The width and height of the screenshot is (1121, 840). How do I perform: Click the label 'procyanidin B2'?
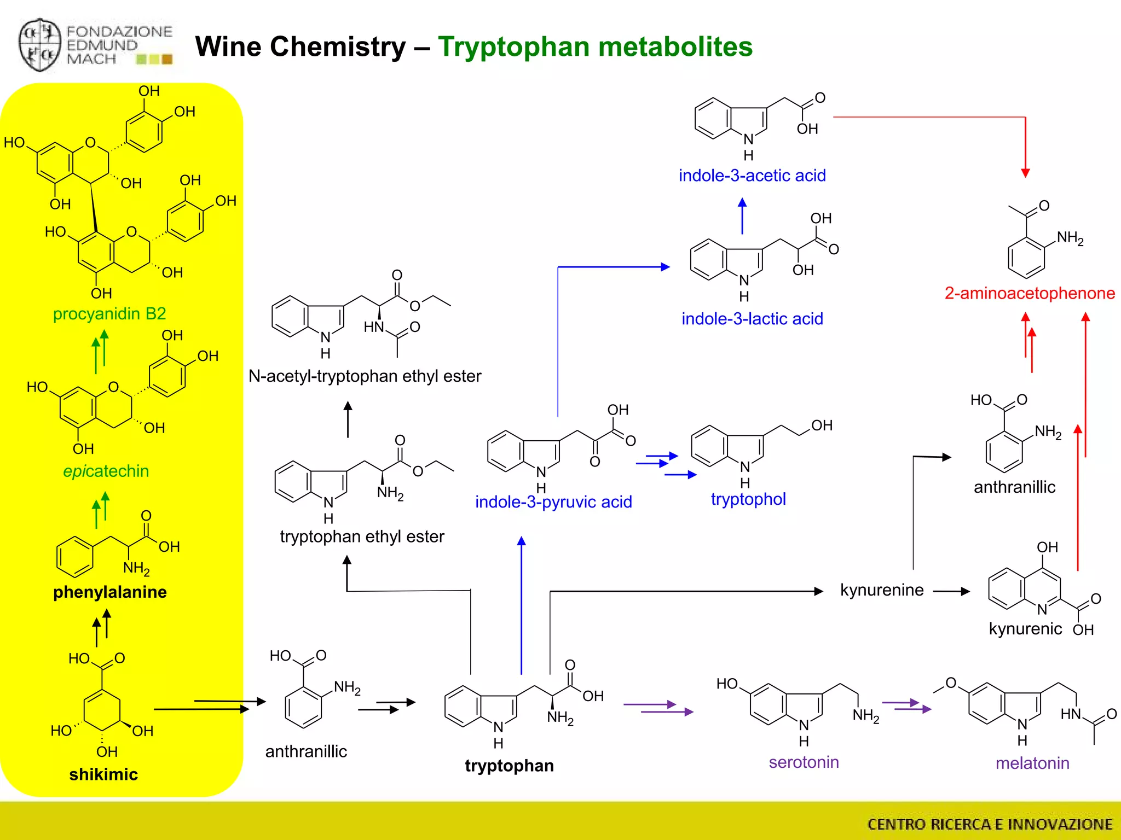pos(109,314)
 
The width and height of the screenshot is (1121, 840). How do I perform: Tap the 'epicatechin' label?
pos(106,471)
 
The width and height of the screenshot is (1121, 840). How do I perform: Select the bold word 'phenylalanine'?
pos(110,592)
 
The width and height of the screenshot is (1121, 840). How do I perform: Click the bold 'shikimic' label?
pos(103,774)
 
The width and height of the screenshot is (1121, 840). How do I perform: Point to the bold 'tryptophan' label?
pos(509,766)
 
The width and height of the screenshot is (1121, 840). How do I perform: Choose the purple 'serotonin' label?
pos(804,762)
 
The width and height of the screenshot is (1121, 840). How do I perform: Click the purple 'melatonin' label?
pos(1032,763)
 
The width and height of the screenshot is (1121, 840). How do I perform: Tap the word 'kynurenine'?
pos(882,590)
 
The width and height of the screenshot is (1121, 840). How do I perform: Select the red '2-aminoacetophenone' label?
pos(1030,293)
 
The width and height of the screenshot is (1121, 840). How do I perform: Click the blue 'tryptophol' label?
pos(748,499)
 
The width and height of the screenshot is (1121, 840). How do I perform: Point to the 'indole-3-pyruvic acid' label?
pos(553,501)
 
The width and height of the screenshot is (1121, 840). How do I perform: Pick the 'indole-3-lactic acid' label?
pos(752,318)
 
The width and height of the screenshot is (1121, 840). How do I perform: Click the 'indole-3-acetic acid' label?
pos(752,176)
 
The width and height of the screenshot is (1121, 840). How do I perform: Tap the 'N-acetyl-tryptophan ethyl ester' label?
pos(365,376)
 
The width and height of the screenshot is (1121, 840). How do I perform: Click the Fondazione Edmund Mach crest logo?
pos(39,45)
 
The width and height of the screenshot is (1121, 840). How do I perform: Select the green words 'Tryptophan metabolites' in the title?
pos(595,46)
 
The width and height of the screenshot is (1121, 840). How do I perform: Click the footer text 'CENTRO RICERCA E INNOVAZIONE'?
pos(990,824)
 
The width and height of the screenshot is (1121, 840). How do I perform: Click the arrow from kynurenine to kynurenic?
pos(951,591)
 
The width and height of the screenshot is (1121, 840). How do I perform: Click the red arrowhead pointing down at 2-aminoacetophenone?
pos(1025,173)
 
